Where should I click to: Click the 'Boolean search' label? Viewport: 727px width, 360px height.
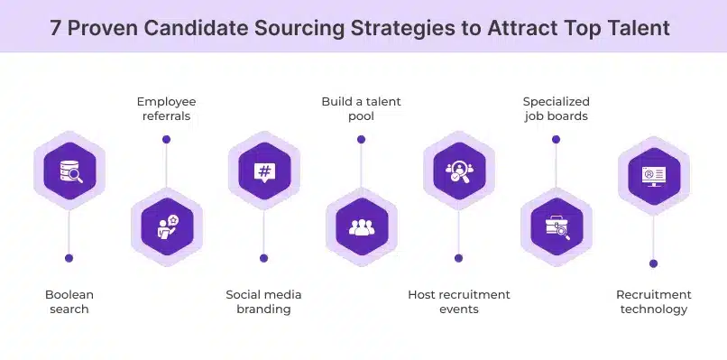(69, 301)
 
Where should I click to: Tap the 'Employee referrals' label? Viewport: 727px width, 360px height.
(166, 108)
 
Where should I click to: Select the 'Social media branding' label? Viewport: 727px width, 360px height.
(263, 301)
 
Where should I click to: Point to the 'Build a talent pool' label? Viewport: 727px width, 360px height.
(361, 108)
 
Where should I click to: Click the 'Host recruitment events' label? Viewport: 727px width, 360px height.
(458, 301)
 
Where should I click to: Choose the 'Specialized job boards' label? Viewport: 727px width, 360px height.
(556, 108)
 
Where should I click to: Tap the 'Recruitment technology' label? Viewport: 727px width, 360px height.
(653, 301)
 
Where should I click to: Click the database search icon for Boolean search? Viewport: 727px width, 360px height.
(69, 171)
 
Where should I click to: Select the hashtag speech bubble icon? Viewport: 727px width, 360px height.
(263, 171)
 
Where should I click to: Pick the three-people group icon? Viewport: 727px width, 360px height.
(361, 226)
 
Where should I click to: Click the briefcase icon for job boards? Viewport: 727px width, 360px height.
(556, 226)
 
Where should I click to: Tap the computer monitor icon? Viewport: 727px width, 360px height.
(653, 175)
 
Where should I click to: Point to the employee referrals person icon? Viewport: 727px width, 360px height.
(166, 226)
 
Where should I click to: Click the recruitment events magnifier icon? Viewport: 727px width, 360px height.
(458, 171)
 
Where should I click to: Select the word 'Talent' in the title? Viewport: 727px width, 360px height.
(638, 28)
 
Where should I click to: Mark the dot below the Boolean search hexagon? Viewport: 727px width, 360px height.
(69, 258)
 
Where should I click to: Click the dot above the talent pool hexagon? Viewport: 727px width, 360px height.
(361, 140)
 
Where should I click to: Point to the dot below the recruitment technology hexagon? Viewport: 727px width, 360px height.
(653, 263)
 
